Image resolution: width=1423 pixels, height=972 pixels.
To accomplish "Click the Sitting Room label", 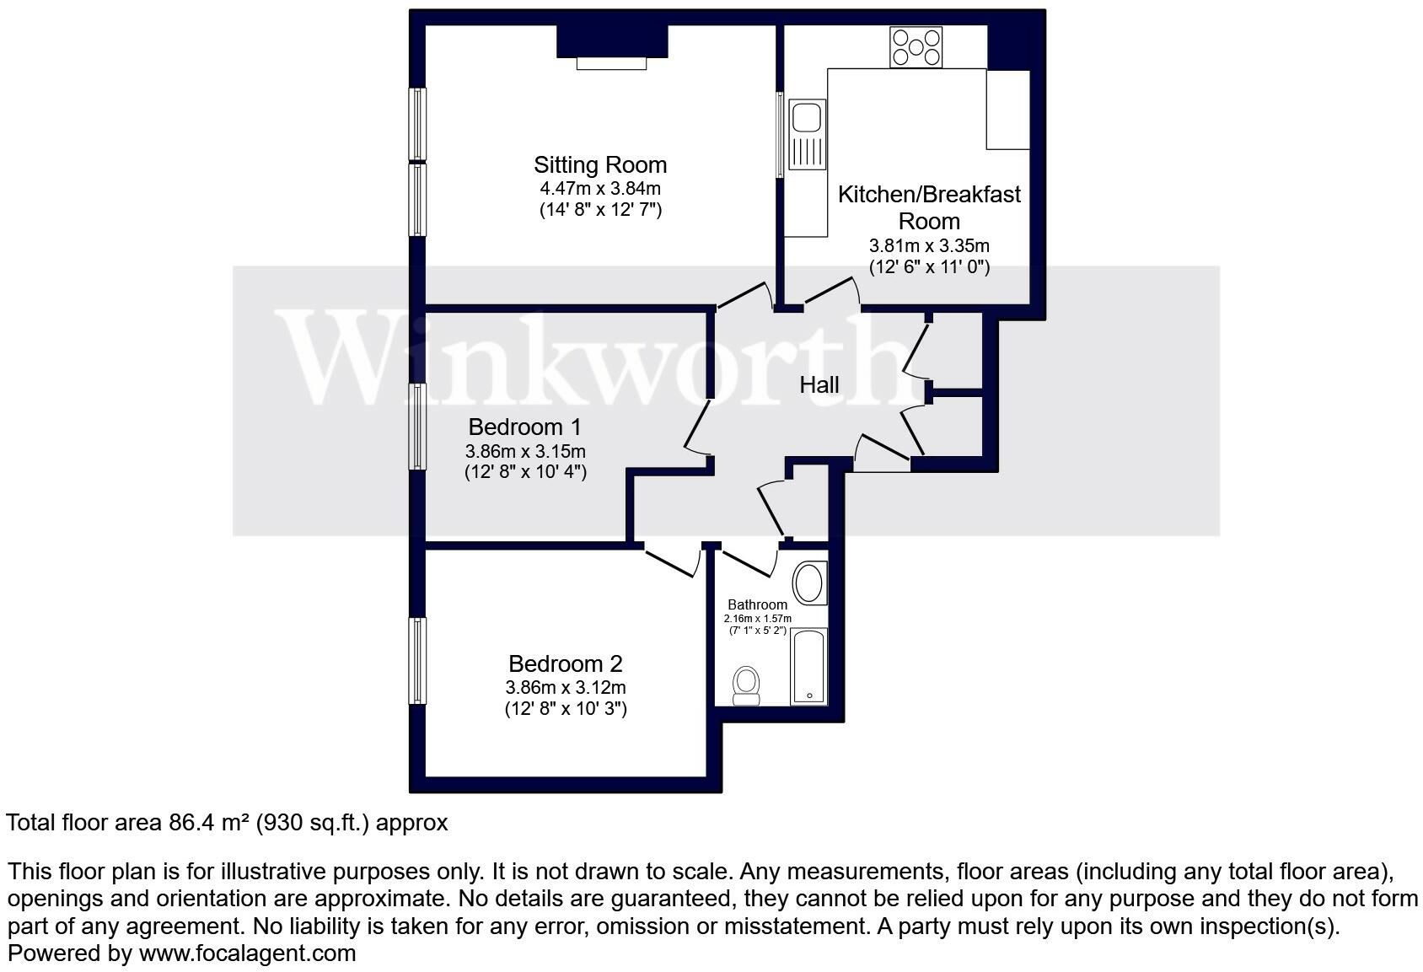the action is [x=599, y=165].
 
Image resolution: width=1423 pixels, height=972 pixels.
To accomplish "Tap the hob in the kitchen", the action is [x=916, y=47].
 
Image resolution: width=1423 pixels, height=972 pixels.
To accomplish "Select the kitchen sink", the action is [x=807, y=134].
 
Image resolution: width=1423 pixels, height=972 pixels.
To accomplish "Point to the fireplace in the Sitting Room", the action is [x=612, y=48].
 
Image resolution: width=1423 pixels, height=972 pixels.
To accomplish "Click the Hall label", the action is [x=819, y=385].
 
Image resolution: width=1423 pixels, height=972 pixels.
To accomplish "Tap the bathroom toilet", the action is [x=746, y=685].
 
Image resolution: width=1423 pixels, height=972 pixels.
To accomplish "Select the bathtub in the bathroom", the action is [x=808, y=667].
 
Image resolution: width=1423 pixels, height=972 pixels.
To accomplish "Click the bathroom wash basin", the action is [x=809, y=583].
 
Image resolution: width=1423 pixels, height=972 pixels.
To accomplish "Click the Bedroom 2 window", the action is [x=417, y=661].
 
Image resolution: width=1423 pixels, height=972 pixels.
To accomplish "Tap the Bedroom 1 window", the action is [x=417, y=427].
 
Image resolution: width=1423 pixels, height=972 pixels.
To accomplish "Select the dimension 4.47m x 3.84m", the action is [x=600, y=189].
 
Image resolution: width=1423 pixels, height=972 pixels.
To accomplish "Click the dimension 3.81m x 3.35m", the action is [x=929, y=246].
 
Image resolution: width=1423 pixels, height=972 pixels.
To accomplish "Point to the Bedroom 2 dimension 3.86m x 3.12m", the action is [x=566, y=687].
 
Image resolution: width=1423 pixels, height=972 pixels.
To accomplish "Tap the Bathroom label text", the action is [x=757, y=604].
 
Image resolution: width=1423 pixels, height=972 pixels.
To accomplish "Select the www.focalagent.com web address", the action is [x=248, y=953].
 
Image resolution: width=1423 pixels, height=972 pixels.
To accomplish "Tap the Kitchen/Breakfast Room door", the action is [x=831, y=293].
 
